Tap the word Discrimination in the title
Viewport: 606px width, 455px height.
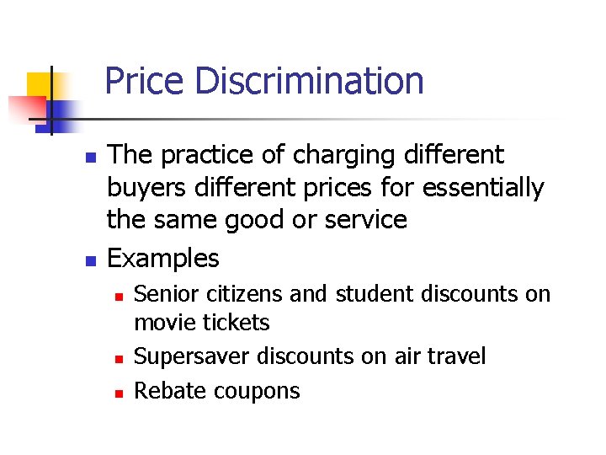308,82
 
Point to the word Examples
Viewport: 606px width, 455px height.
163,258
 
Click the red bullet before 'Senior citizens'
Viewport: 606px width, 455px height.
120,296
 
